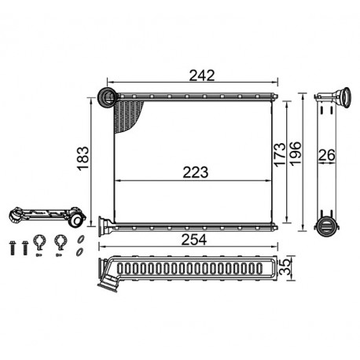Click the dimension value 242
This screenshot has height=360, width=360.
(202, 75)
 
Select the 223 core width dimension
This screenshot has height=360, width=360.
(196, 172)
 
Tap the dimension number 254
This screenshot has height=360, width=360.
(194, 240)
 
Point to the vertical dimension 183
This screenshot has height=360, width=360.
(83, 159)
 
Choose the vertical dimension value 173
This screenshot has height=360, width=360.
(279, 155)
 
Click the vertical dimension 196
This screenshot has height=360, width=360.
(296, 153)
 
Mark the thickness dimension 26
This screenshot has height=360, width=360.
(327, 155)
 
